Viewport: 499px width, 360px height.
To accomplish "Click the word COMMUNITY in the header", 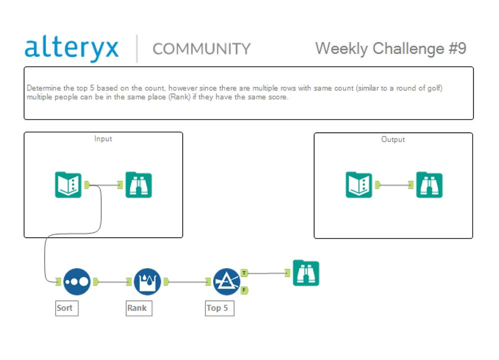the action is point(202,49).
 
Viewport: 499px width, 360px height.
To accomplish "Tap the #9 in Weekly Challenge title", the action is point(458,48).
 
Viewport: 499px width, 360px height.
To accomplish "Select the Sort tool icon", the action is point(77,282).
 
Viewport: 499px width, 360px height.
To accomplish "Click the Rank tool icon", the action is point(147,282).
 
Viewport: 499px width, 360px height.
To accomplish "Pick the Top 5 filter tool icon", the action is point(227,282).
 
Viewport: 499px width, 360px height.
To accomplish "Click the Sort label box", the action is point(67,308).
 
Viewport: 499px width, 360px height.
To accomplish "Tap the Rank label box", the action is point(139,308).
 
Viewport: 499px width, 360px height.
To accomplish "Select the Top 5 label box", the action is point(220,308).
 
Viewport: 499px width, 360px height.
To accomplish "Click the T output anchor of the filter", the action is point(244,273).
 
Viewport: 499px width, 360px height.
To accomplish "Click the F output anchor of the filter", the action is point(244,290).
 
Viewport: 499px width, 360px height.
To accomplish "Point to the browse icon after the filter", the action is point(306,273).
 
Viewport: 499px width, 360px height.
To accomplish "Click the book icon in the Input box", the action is point(68,184).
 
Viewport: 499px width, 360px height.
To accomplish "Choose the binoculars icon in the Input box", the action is point(139,184).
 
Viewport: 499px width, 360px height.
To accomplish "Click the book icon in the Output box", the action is point(359,184).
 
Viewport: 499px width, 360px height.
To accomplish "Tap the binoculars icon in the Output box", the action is point(429,184).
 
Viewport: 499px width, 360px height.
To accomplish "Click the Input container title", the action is point(103,139).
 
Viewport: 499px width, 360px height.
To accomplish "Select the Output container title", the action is point(393,139).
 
